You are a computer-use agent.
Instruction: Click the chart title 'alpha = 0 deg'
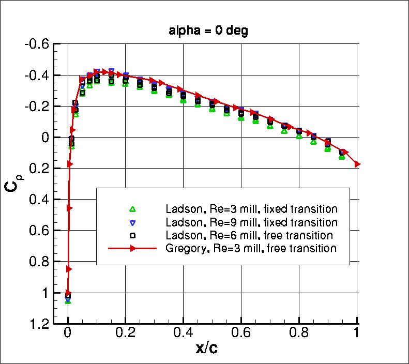pos(208,31)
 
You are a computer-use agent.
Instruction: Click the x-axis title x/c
pos(206,348)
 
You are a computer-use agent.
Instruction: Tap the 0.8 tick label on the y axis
pos(39,262)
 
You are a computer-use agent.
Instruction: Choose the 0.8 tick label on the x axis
pos(299,333)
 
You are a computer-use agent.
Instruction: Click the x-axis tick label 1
pos(357,333)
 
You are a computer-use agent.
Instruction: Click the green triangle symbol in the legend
pos(132,209)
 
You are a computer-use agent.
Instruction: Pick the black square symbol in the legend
pos(132,236)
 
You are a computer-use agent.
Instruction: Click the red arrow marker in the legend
pos(132,249)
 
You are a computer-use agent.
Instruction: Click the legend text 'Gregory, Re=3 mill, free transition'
pos(251,249)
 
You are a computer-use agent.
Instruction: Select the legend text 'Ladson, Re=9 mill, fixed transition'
pos(251,222)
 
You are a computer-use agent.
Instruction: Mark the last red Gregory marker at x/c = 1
pos(357,164)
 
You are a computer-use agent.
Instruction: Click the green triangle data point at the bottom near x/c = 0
pos(68,301)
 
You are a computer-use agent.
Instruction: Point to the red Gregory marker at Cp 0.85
pos(69,269)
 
